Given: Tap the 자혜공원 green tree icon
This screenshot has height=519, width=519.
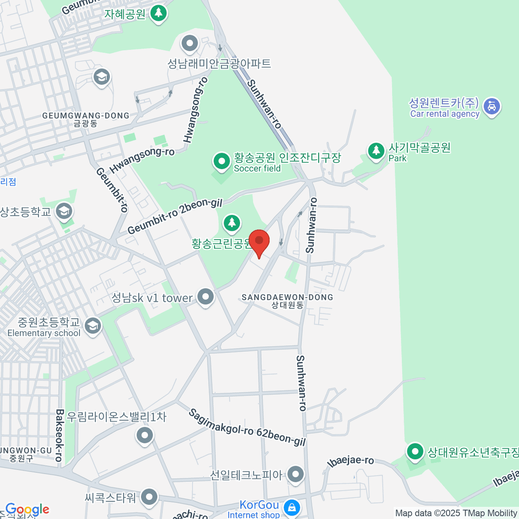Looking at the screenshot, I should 158,13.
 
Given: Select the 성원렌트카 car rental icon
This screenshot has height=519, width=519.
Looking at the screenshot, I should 491,106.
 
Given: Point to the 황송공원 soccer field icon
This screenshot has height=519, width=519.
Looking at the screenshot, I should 222,161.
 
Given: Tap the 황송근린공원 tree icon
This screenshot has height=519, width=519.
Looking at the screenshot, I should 232,223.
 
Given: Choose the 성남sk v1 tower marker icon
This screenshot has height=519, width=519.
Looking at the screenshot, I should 205,297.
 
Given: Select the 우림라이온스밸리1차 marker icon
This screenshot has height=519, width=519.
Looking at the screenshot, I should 144,435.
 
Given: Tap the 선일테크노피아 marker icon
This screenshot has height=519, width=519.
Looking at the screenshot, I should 295,474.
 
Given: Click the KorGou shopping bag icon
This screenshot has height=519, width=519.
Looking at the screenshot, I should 292,507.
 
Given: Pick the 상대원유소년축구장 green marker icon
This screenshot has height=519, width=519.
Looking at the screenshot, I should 415,452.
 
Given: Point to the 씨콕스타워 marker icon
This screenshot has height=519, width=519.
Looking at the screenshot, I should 149,497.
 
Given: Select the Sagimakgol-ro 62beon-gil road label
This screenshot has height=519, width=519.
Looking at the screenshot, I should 247,427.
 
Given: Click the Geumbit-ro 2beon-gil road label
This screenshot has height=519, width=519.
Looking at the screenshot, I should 175,216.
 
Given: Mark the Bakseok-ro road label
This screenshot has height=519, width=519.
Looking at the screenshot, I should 60,436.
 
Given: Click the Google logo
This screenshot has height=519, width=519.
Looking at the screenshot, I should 27,509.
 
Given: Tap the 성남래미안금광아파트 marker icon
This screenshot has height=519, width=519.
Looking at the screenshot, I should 189,43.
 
